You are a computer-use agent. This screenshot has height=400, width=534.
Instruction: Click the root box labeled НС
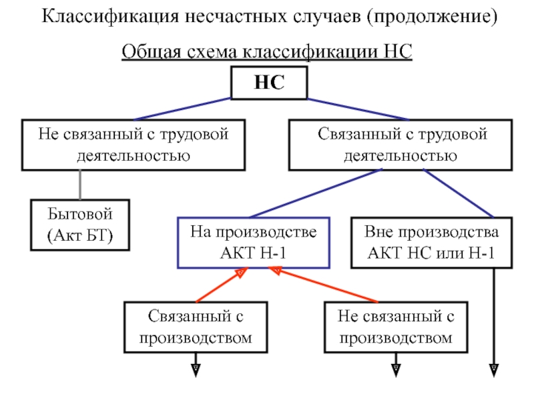(268, 83)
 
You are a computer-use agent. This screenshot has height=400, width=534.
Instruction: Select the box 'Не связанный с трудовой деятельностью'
(133, 145)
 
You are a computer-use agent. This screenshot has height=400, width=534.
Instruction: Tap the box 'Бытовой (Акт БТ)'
(80, 225)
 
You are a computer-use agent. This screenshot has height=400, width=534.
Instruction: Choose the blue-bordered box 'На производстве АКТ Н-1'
(254, 243)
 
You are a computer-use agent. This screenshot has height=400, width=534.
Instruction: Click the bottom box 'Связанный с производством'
(196, 327)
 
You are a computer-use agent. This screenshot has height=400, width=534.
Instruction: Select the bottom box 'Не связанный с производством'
(395, 327)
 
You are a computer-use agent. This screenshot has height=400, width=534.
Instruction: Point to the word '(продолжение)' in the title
(431, 17)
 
